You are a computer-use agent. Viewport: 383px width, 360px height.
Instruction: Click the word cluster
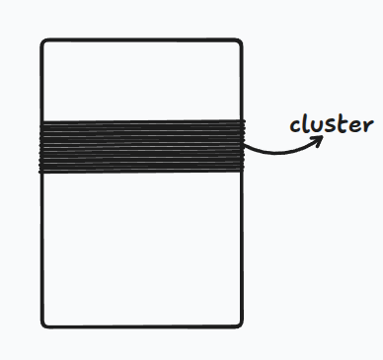pyautogui.click(x=331, y=125)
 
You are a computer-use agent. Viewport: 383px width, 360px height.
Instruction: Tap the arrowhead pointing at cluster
pyautogui.click(x=321, y=139)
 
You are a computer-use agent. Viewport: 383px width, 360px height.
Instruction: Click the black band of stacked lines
pyautogui.click(x=141, y=146)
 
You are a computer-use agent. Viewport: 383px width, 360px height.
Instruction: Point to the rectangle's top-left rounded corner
pyautogui.click(x=44, y=42)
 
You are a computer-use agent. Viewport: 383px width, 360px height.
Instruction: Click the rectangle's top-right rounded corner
pyautogui.click(x=239, y=42)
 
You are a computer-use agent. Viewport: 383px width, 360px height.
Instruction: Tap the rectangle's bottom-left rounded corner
pyautogui.click(x=44, y=323)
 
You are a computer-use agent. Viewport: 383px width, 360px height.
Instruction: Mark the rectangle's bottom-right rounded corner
pyautogui.click(x=239, y=323)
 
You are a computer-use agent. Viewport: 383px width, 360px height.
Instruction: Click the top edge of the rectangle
pyautogui.click(x=141, y=39)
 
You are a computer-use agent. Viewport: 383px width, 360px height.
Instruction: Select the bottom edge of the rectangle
pyautogui.click(x=141, y=326)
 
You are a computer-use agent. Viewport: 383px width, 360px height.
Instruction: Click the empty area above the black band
pyautogui.click(x=141, y=81)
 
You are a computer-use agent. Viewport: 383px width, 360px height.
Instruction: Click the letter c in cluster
pyautogui.click(x=295, y=127)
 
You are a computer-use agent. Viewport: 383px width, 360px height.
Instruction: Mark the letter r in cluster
pyautogui.click(x=366, y=127)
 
